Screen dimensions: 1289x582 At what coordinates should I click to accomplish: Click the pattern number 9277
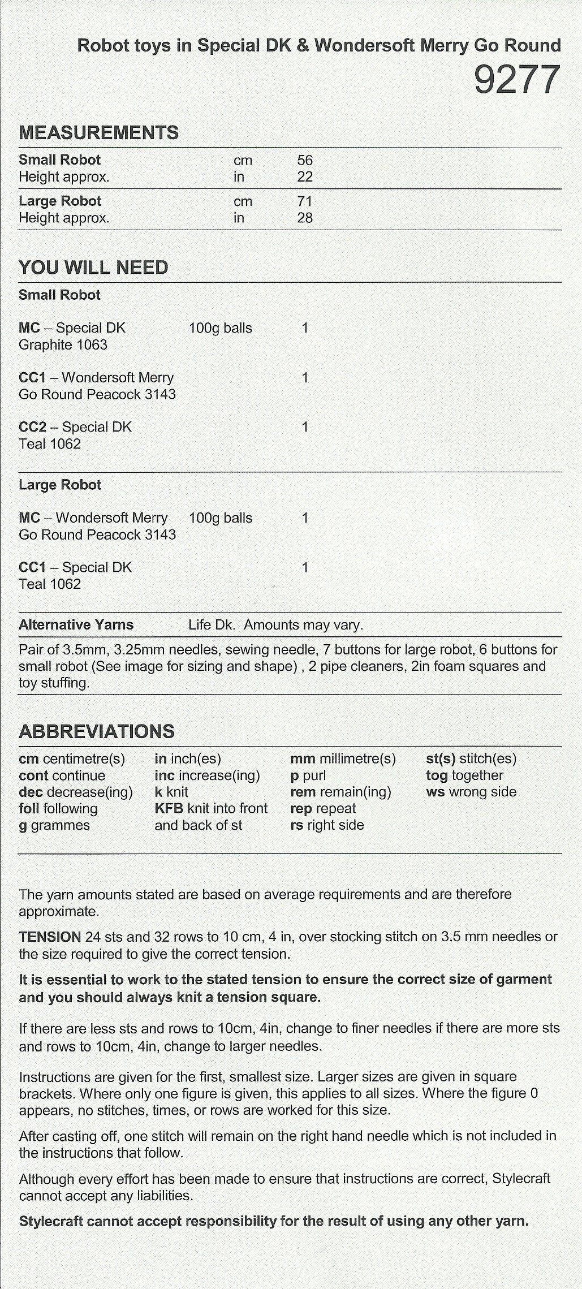click(x=516, y=80)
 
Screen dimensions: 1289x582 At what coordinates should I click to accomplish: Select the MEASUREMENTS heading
click(x=98, y=133)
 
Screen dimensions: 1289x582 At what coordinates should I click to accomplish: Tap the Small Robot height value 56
click(x=305, y=161)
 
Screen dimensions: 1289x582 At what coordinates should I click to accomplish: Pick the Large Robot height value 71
click(x=305, y=201)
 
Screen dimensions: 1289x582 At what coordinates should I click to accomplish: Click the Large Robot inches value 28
click(x=305, y=218)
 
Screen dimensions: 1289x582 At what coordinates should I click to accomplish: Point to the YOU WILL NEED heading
click(x=93, y=268)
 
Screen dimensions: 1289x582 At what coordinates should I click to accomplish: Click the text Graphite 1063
click(x=63, y=344)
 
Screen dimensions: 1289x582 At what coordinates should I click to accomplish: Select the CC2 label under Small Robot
click(x=32, y=427)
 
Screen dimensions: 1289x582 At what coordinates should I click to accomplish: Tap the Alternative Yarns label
click(x=76, y=625)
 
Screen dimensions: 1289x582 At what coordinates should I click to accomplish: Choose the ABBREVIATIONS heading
click(x=97, y=731)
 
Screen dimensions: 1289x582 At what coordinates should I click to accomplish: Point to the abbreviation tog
click(x=437, y=775)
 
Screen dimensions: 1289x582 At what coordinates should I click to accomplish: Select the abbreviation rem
click(x=303, y=792)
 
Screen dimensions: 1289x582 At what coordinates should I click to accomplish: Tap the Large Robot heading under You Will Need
click(x=60, y=485)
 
